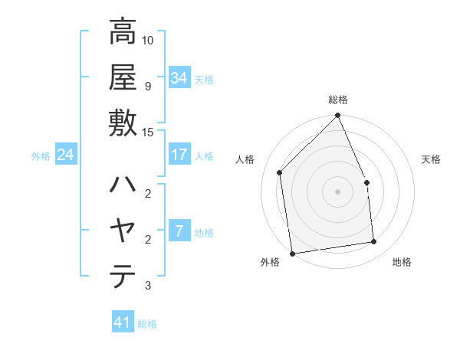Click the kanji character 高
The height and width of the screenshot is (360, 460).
click(x=123, y=32)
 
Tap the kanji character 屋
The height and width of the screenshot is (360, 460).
click(x=123, y=77)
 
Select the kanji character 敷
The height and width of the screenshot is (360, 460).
click(x=123, y=123)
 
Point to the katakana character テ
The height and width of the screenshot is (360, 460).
click(x=123, y=276)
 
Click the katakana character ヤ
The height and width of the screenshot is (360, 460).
click(x=123, y=231)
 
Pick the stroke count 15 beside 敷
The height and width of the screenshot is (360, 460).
click(x=148, y=132)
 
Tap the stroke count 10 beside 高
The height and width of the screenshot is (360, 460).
click(x=148, y=40)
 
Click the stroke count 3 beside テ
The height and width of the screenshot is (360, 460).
click(x=148, y=286)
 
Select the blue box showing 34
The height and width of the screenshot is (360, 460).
click(x=179, y=78)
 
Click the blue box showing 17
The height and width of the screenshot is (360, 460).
click(x=179, y=155)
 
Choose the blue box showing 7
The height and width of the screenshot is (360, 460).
click(x=179, y=231)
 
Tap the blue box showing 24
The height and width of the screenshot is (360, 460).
click(x=66, y=155)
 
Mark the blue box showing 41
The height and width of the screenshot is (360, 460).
click(x=123, y=322)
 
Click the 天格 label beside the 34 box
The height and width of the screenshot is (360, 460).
click(x=205, y=79)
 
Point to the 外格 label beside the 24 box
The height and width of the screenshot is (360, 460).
click(x=41, y=155)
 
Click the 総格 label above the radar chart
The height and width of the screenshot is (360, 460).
click(x=338, y=100)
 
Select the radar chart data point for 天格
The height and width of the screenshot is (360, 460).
click(x=366, y=182)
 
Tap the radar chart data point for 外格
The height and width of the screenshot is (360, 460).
click(x=292, y=253)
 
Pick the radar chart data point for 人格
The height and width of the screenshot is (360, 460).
click(x=280, y=172)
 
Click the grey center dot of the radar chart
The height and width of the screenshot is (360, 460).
click(x=337, y=191)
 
